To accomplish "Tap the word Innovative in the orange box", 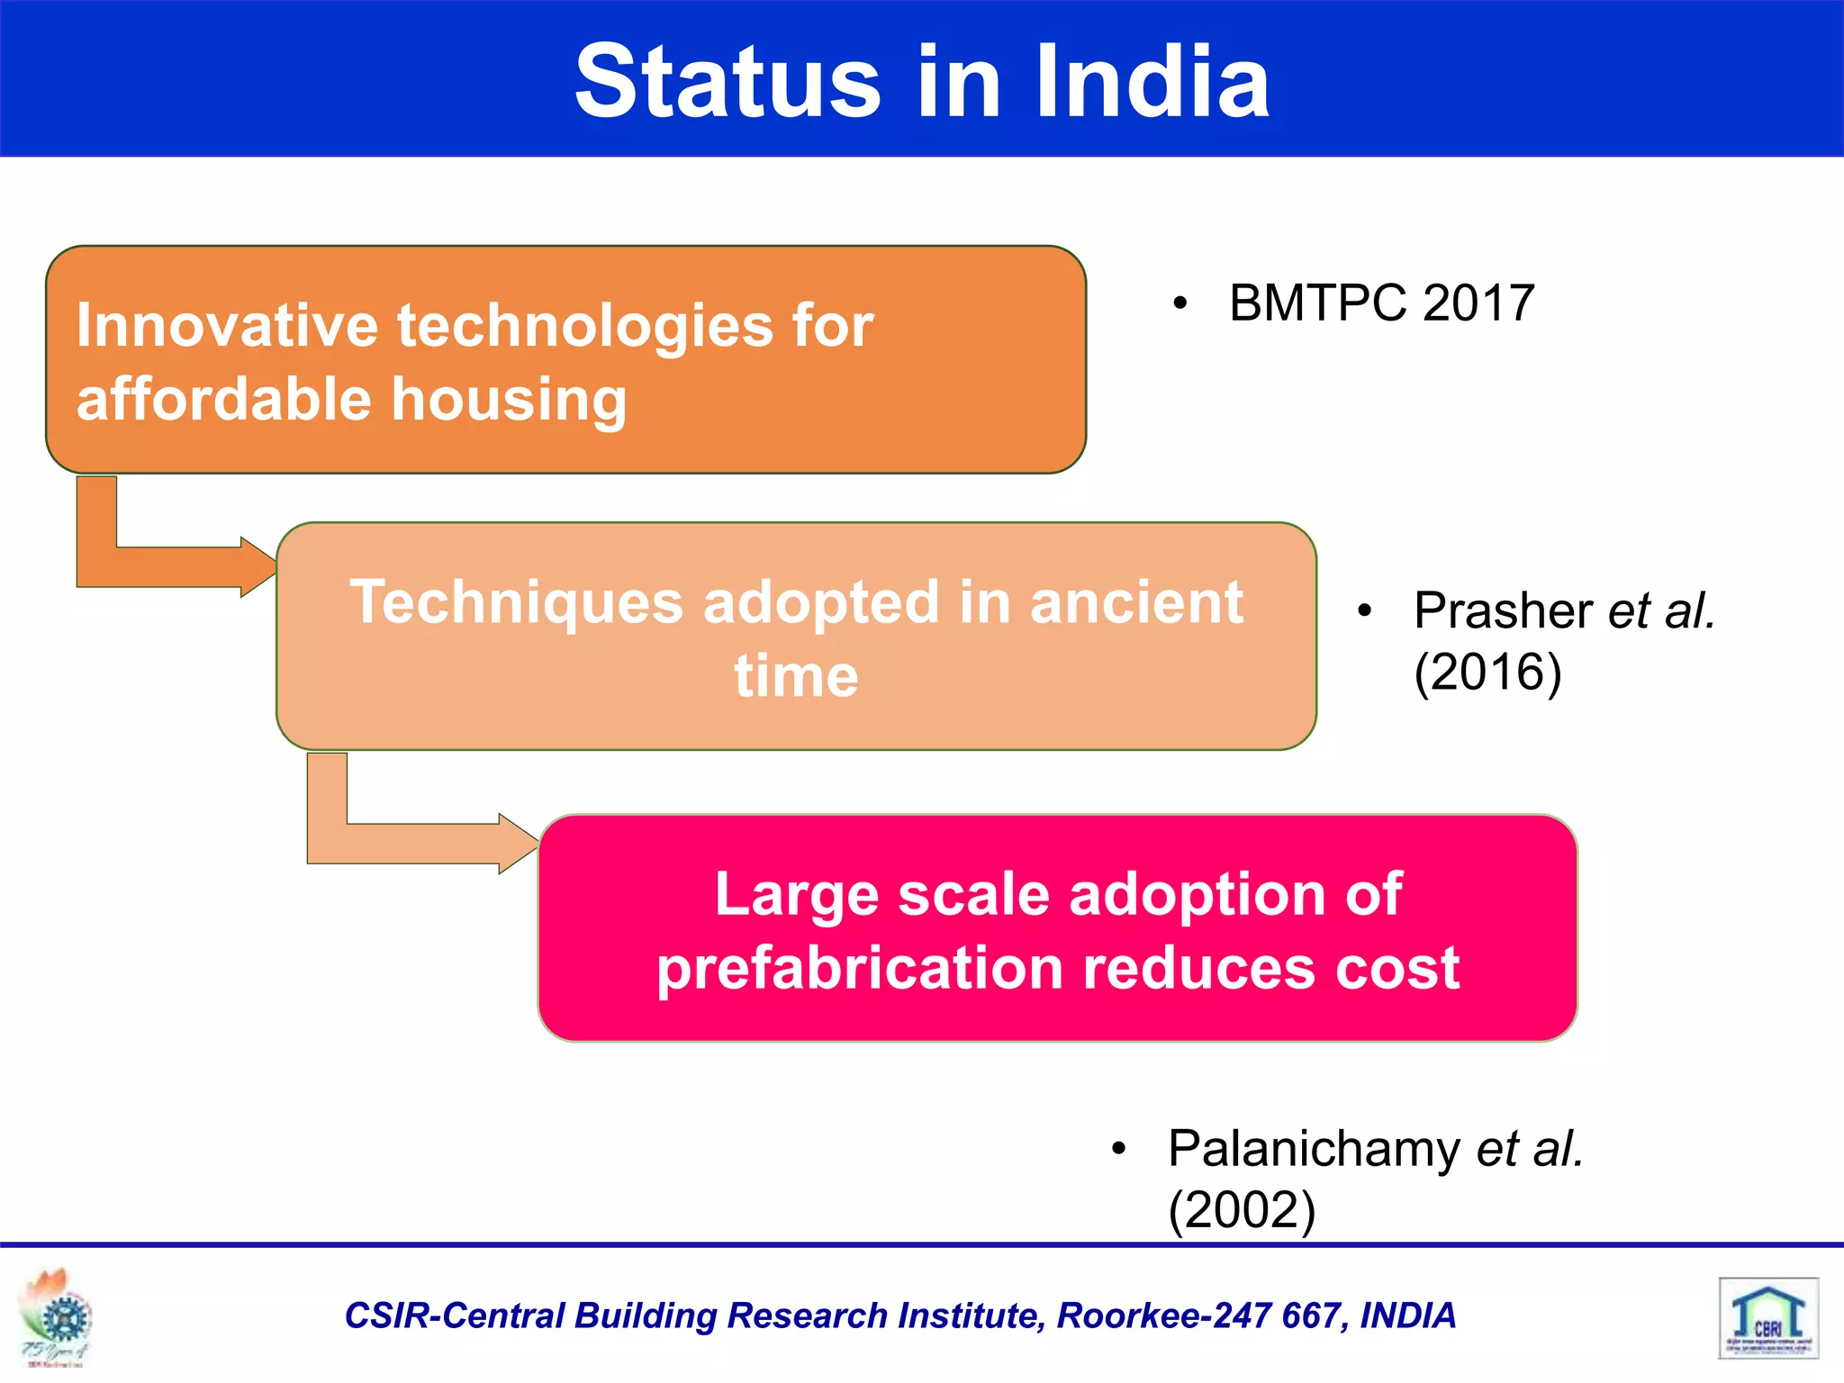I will (227, 325).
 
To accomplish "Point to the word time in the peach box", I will (796, 676).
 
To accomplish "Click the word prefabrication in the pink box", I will (860, 969).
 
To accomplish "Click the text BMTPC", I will (1317, 303).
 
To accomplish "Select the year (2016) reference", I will (1487, 672).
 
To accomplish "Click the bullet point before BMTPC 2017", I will (1180, 304).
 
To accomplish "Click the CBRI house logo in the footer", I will (1768, 1318).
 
